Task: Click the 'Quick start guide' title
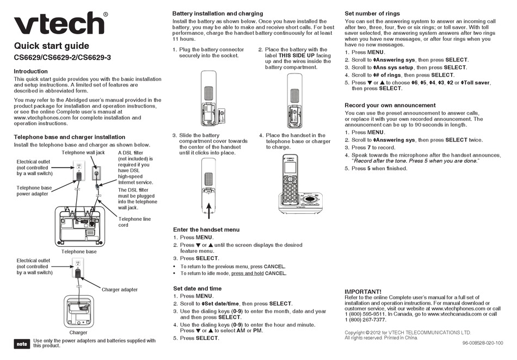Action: click(51, 46)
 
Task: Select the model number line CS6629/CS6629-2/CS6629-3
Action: click(62, 58)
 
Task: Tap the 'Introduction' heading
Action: click(30, 71)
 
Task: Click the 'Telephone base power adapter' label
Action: click(34, 190)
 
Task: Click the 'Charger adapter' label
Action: click(120, 290)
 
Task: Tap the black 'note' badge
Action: click(21, 344)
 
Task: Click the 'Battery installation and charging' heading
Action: click(218, 13)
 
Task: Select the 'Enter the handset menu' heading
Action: click(206, 230)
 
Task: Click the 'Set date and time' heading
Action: click(197, 288)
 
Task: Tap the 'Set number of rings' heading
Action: click(372, 13)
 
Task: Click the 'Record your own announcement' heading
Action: click(390, 105)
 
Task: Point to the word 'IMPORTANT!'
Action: click(363, 292)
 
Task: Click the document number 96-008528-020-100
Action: click(482, 343)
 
